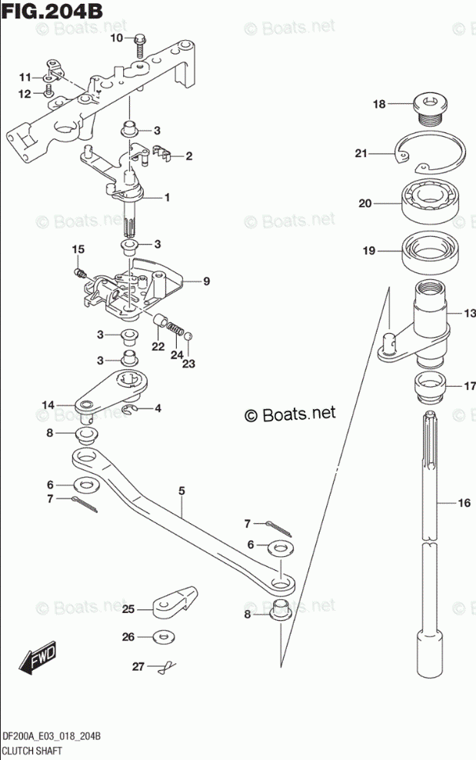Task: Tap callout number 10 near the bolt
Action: (x=116, y=38)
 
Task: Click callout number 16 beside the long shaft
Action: (x=464, y=504)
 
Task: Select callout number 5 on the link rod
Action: (x=182, y=489)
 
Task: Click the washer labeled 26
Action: (x=163, y=637)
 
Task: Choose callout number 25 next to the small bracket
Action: (x=128, y=609)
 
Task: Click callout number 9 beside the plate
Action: (x=206, y=282)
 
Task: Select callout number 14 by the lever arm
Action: (x=48, y=405)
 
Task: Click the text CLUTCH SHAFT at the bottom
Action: (x=32, y=748)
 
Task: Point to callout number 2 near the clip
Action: (x=188, y=156)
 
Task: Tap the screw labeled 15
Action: (x=79, y=272)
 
